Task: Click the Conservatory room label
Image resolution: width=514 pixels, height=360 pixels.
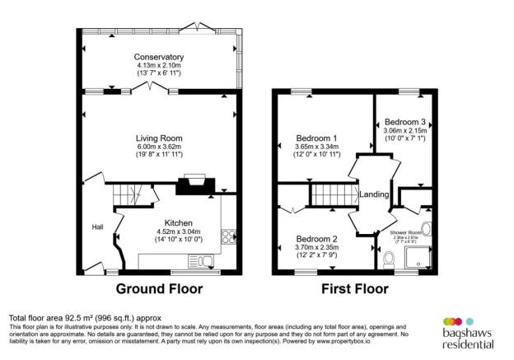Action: click(159, 57)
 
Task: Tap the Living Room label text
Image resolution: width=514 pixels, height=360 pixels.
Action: click(159, 138)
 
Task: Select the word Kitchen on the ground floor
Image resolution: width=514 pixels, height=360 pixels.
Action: click(179, 223)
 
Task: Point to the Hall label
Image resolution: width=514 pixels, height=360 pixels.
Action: click(98, 227)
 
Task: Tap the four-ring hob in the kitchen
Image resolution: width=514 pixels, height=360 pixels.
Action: click(227, 237)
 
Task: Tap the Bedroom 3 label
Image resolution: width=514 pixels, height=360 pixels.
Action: click(404, 122)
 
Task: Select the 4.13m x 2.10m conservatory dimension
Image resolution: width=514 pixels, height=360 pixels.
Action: click(159, 65)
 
